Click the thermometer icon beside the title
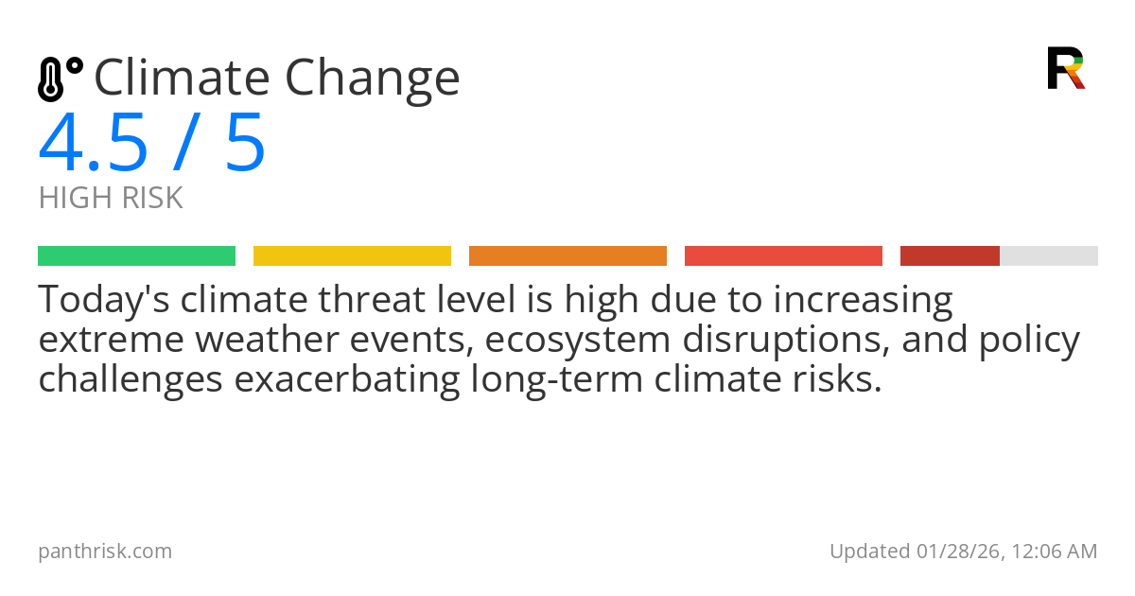[59, 79]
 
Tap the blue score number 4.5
[94, 144]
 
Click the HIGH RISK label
[111, 199]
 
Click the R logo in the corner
[1065, 68]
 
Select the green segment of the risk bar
[136, 256]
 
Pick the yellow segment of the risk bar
[352, 256]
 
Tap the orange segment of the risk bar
[567, 256]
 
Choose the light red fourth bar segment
[783, 256]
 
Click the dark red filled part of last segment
[950, 256]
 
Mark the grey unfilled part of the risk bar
[1049, 256]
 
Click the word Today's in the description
[103, 301]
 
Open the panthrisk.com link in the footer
[105, 552]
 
